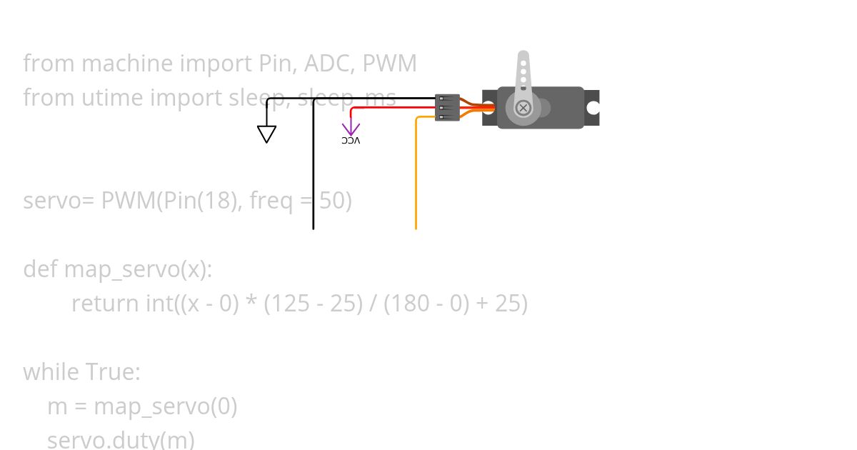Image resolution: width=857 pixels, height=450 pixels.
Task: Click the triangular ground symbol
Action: (x=266, y=134)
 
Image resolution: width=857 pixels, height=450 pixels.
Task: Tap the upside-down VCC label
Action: (x=351, y=141)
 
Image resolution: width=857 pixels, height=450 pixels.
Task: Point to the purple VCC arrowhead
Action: (x=351, y=129)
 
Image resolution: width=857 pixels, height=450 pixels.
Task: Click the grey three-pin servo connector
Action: (x=447, y=108)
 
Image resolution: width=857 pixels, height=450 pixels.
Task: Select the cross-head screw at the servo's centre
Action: (x=523, y=108)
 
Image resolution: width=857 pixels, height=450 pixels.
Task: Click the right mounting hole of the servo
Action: (x=592, y=108)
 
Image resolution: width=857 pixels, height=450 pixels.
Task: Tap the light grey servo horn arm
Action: (x=523, y=71)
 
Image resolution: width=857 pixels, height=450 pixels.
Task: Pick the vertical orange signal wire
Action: (x=416, y=179)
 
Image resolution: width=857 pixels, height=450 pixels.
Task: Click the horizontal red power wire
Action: (x=393, y=108)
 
